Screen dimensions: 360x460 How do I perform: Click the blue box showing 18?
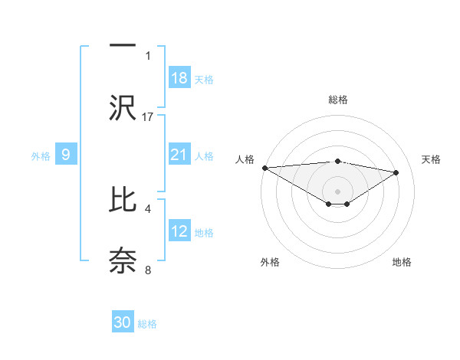(x=179, y=78)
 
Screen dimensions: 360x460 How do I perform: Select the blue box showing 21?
(x=179, y=155)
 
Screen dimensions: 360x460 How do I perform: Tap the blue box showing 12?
(x=179, y=231)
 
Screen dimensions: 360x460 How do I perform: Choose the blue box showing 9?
(x=66, y=155)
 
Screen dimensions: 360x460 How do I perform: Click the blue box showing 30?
(x=123, y=322)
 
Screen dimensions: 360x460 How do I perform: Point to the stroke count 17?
(x=148, y=116)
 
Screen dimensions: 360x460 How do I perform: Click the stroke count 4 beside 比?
(x=148, y=208)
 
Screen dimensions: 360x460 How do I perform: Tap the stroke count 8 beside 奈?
(x=148, y=269)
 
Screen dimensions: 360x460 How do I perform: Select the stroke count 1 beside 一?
(x=148, y=55)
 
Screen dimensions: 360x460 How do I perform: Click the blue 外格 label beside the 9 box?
(x=41, y=155)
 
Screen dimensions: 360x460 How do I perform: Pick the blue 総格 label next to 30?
(x=147, y=323)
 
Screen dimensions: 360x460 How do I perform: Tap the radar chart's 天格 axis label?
(x=431, y=159)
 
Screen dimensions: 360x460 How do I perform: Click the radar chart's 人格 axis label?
(x=245, y=159)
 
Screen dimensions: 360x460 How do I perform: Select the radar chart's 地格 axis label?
(x=402, y=262)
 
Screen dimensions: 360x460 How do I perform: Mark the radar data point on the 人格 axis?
(x=264, y=168)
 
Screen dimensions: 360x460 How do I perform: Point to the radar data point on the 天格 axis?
(x=396, y=172)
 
